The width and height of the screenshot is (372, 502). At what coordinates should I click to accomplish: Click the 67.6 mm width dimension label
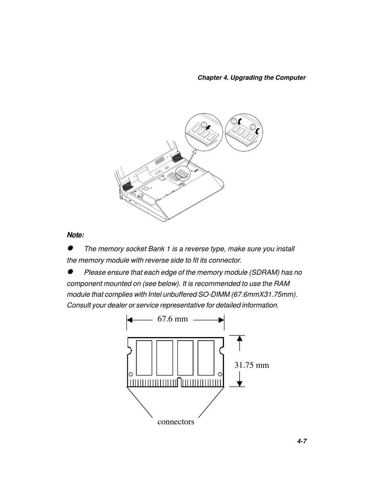[173, 319]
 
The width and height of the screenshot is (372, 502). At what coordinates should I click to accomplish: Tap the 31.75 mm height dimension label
[252, 365]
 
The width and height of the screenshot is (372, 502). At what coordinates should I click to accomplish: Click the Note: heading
[76, 235]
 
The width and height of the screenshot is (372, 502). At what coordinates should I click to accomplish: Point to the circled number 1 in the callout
[204, 124]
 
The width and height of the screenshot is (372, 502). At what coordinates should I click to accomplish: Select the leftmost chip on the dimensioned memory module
[144, 358]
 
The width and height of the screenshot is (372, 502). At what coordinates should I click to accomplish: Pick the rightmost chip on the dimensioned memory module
[206, 358]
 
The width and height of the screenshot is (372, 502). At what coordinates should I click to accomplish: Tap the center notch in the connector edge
[179, 382]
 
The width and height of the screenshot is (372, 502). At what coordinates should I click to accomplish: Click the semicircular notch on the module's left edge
[130, 351]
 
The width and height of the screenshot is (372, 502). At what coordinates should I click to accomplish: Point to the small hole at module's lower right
[220, 374]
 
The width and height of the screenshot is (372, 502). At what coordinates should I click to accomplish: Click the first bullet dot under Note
[70, 248]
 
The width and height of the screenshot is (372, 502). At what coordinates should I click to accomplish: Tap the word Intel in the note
[155, 294]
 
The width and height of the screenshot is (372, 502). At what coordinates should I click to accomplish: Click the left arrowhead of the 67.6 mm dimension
[130, 320]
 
